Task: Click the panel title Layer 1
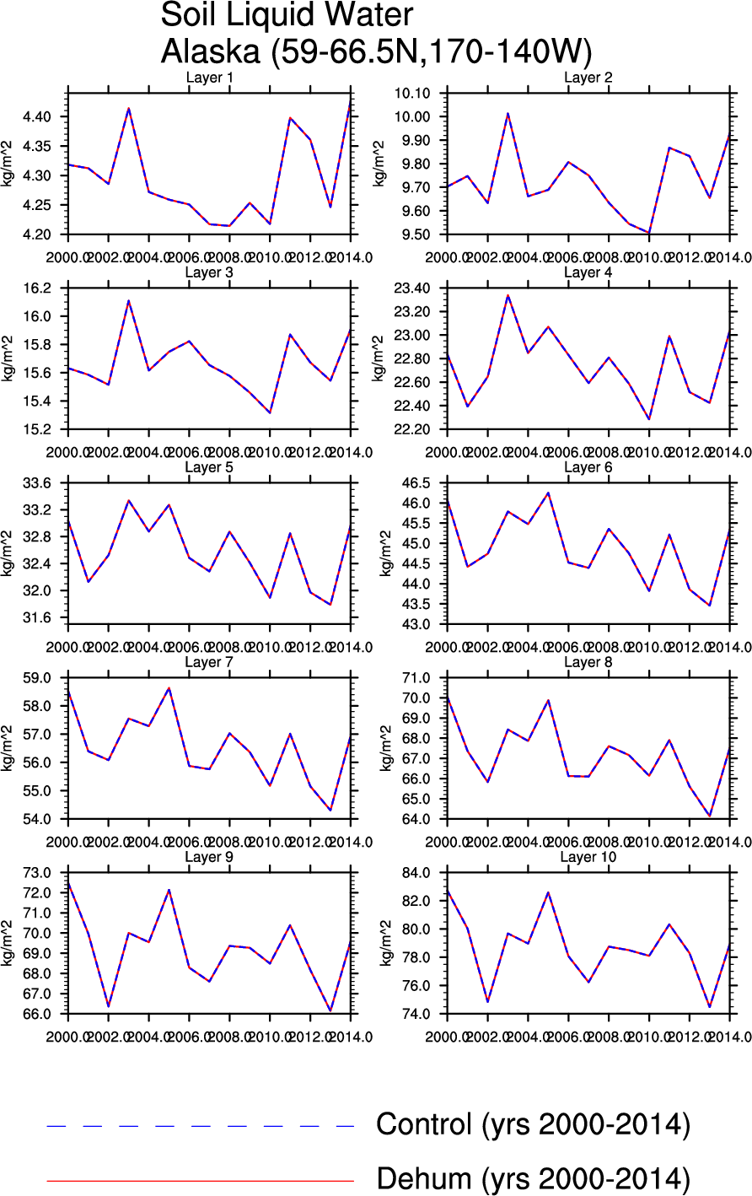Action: pyautogui.click(x=209, y=78)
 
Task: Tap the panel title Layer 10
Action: pyautogui.click(x=588, y=857)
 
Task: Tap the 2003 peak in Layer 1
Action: pyautogui.click(x=129, y=108)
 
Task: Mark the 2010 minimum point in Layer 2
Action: pyautogui.click(x=649, y=232)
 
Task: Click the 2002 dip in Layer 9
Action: pyautogui.click(x=108, y=1006)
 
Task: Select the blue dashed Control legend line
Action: pyautogui.click(x=201, y=1126)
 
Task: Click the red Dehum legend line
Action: pyautogui.click(x=201, y=1181)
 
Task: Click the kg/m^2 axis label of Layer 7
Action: pyautogui.click(x=8, y=747)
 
